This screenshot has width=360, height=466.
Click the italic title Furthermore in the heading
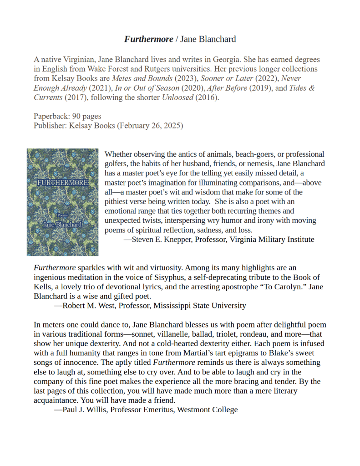148,39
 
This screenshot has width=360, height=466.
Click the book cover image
63,202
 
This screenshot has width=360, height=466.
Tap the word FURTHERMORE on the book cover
62,183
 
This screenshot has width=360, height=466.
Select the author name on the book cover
62,224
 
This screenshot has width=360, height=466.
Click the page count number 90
76,116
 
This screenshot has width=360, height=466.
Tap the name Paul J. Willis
83,410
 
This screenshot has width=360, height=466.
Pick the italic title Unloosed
177,97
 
